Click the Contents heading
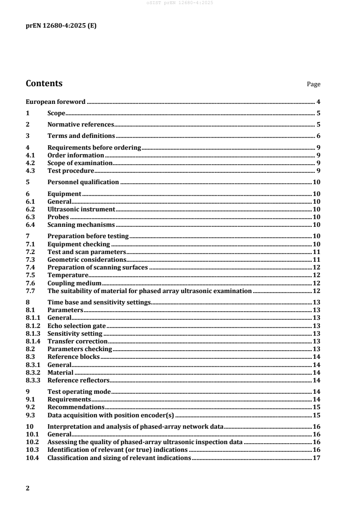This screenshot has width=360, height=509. [x=44, y=83]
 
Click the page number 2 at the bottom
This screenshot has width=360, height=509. [x=28, y=488]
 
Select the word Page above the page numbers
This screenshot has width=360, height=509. [x=314, y=84]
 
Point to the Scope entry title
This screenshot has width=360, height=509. [x=57, y=113]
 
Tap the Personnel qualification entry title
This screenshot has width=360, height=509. [x=83, y=182]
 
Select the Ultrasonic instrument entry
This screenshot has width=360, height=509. [x=81, y=209]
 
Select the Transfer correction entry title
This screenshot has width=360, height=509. [x=77, y=341]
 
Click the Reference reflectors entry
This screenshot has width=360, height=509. [x=79, y=380]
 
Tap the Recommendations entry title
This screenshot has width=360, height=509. [x=73, y=407]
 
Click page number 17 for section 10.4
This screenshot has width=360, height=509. [x=317, y=458]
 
